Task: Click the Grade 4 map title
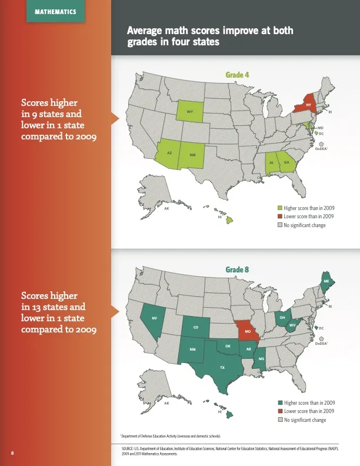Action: coord(237,75)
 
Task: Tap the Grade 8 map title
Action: coord(237,269)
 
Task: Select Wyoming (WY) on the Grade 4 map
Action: coord(191,111)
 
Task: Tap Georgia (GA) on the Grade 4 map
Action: coord(286,162)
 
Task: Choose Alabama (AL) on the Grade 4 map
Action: coord(272,162)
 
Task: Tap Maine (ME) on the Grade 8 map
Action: coord(326,282)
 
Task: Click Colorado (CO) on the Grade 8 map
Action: coord(195,327)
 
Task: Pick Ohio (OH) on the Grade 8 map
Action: coord(283,318)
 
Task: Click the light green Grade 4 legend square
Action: coord(280,208)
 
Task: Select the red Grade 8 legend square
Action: coord(280,411)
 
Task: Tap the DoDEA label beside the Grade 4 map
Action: coord(321,149)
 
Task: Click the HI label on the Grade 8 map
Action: coord(219,412)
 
